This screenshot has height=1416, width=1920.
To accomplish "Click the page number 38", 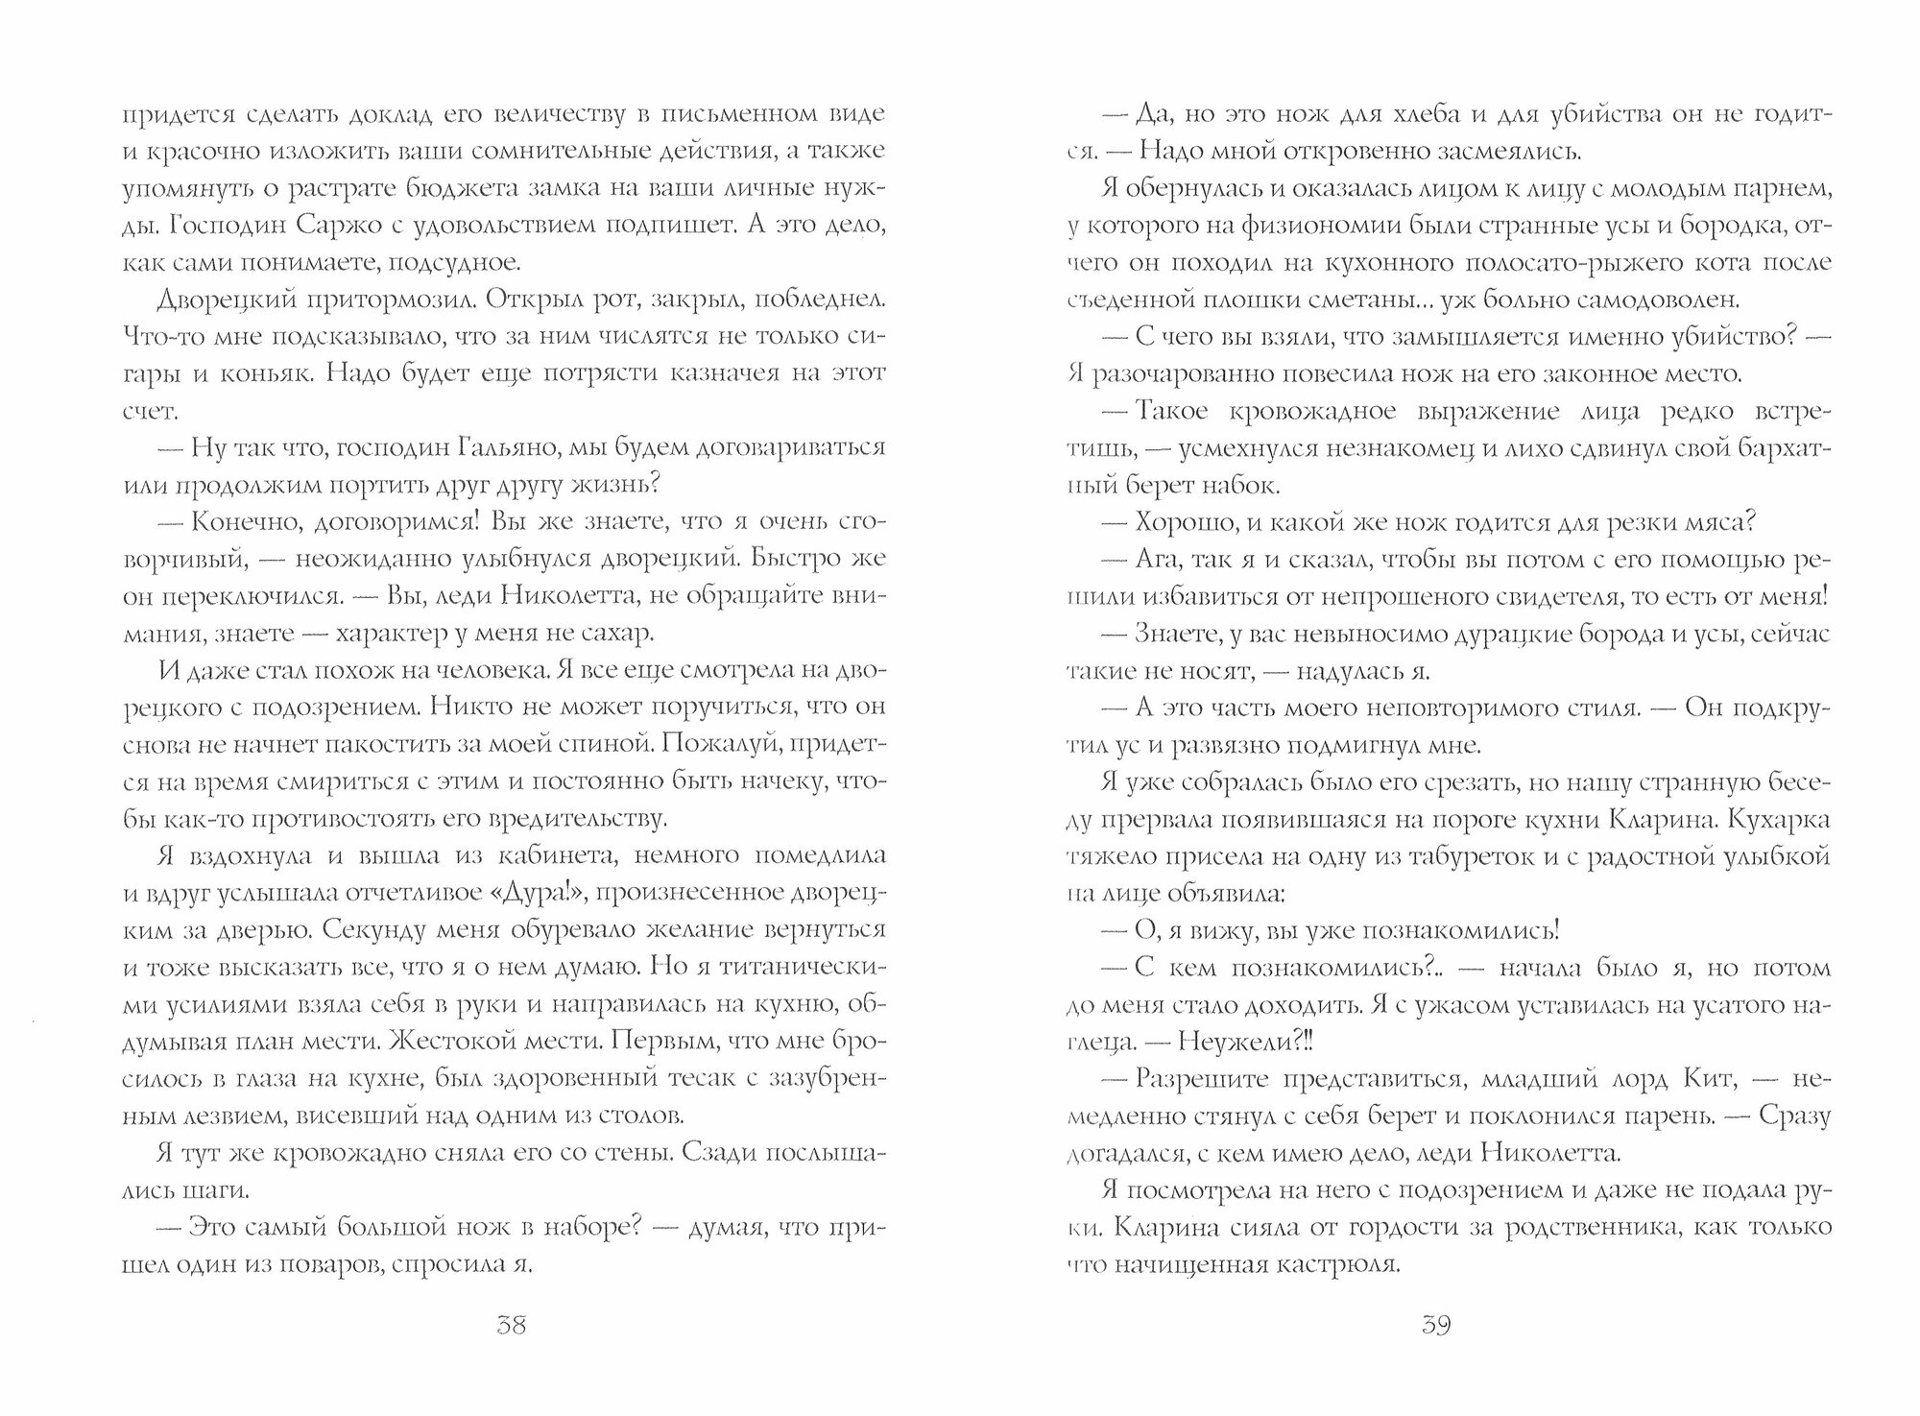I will click(x=511, y=1327).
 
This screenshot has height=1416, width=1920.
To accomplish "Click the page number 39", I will click(x=1434, y=1327).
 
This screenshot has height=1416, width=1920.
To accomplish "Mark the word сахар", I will click(x=617, y=634).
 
